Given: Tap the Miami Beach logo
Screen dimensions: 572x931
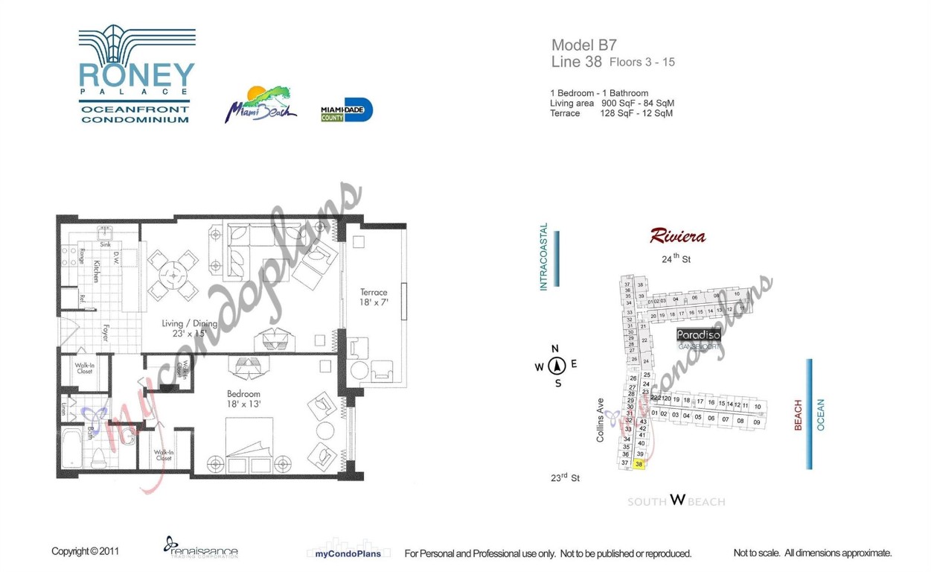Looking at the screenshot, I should point(260,104).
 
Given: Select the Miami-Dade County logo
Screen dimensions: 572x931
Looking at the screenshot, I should point(346,110).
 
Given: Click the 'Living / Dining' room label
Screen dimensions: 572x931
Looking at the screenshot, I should point(190,328).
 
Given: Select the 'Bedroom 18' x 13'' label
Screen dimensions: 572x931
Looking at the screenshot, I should point(244,398).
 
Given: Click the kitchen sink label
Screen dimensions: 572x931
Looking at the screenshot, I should point(106,244).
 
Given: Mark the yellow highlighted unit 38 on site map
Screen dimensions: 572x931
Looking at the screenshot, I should point(639,464).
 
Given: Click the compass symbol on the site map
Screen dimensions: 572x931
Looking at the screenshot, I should point(557,366).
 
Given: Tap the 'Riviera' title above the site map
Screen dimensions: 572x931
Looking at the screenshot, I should point(677,237).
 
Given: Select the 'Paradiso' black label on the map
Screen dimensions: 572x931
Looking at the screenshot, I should point(698,335).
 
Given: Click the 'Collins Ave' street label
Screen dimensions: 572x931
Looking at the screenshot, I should point(600,420).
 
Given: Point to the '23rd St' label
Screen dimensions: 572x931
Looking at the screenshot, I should point(565,478).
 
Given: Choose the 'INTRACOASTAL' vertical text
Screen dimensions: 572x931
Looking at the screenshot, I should point(543,257).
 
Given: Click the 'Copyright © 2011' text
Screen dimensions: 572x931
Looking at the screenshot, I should point(85,552).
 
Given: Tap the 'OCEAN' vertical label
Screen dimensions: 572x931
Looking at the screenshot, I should point(822,415).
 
